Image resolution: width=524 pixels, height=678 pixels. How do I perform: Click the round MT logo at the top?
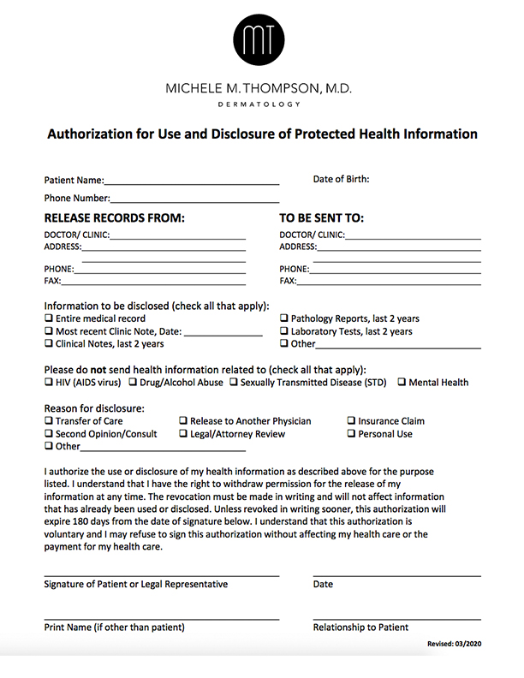262,40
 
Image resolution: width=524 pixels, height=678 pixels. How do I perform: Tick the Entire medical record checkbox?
49,318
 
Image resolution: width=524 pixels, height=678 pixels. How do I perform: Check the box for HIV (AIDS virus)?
49,383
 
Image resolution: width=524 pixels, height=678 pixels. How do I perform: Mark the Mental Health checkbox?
402,383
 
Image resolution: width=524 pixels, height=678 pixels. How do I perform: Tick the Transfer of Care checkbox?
49,421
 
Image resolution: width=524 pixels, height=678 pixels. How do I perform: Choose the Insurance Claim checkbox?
351,421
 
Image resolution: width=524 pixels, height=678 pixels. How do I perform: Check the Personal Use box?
351,434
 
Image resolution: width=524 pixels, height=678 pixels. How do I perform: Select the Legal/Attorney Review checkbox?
183,434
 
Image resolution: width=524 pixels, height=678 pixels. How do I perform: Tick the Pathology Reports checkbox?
284,318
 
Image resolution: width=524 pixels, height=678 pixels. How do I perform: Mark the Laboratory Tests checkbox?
284,331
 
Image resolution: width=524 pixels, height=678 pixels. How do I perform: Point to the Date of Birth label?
341,180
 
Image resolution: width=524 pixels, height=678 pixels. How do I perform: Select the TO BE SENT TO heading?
322,218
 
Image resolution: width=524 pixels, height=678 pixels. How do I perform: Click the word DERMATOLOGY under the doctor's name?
262,104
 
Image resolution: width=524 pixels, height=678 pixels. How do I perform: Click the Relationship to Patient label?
360,627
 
